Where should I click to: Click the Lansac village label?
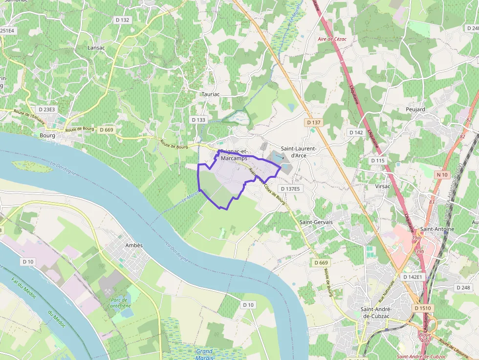click(96, 48)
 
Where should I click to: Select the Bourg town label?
click(47, 135)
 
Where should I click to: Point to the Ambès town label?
click(133, 245)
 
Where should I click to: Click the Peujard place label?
click(415, 109)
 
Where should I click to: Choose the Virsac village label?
click(383, 186)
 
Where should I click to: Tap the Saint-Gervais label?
click(315, 222)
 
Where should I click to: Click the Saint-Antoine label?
click(437, 229)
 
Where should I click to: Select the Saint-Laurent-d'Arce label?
click(298, 152)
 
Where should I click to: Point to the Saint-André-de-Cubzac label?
click(377, 312)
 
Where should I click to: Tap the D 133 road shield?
click(199, 120)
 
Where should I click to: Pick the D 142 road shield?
click(356, 132)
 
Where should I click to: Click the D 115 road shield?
click(378, 160)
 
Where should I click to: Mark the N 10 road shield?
click(442, 175)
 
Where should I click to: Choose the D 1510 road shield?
click(423, 308)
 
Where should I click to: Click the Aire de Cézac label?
click(332, 39)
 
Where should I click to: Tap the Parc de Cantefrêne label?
click(121, 303)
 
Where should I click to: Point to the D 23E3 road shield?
click(46, 109)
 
